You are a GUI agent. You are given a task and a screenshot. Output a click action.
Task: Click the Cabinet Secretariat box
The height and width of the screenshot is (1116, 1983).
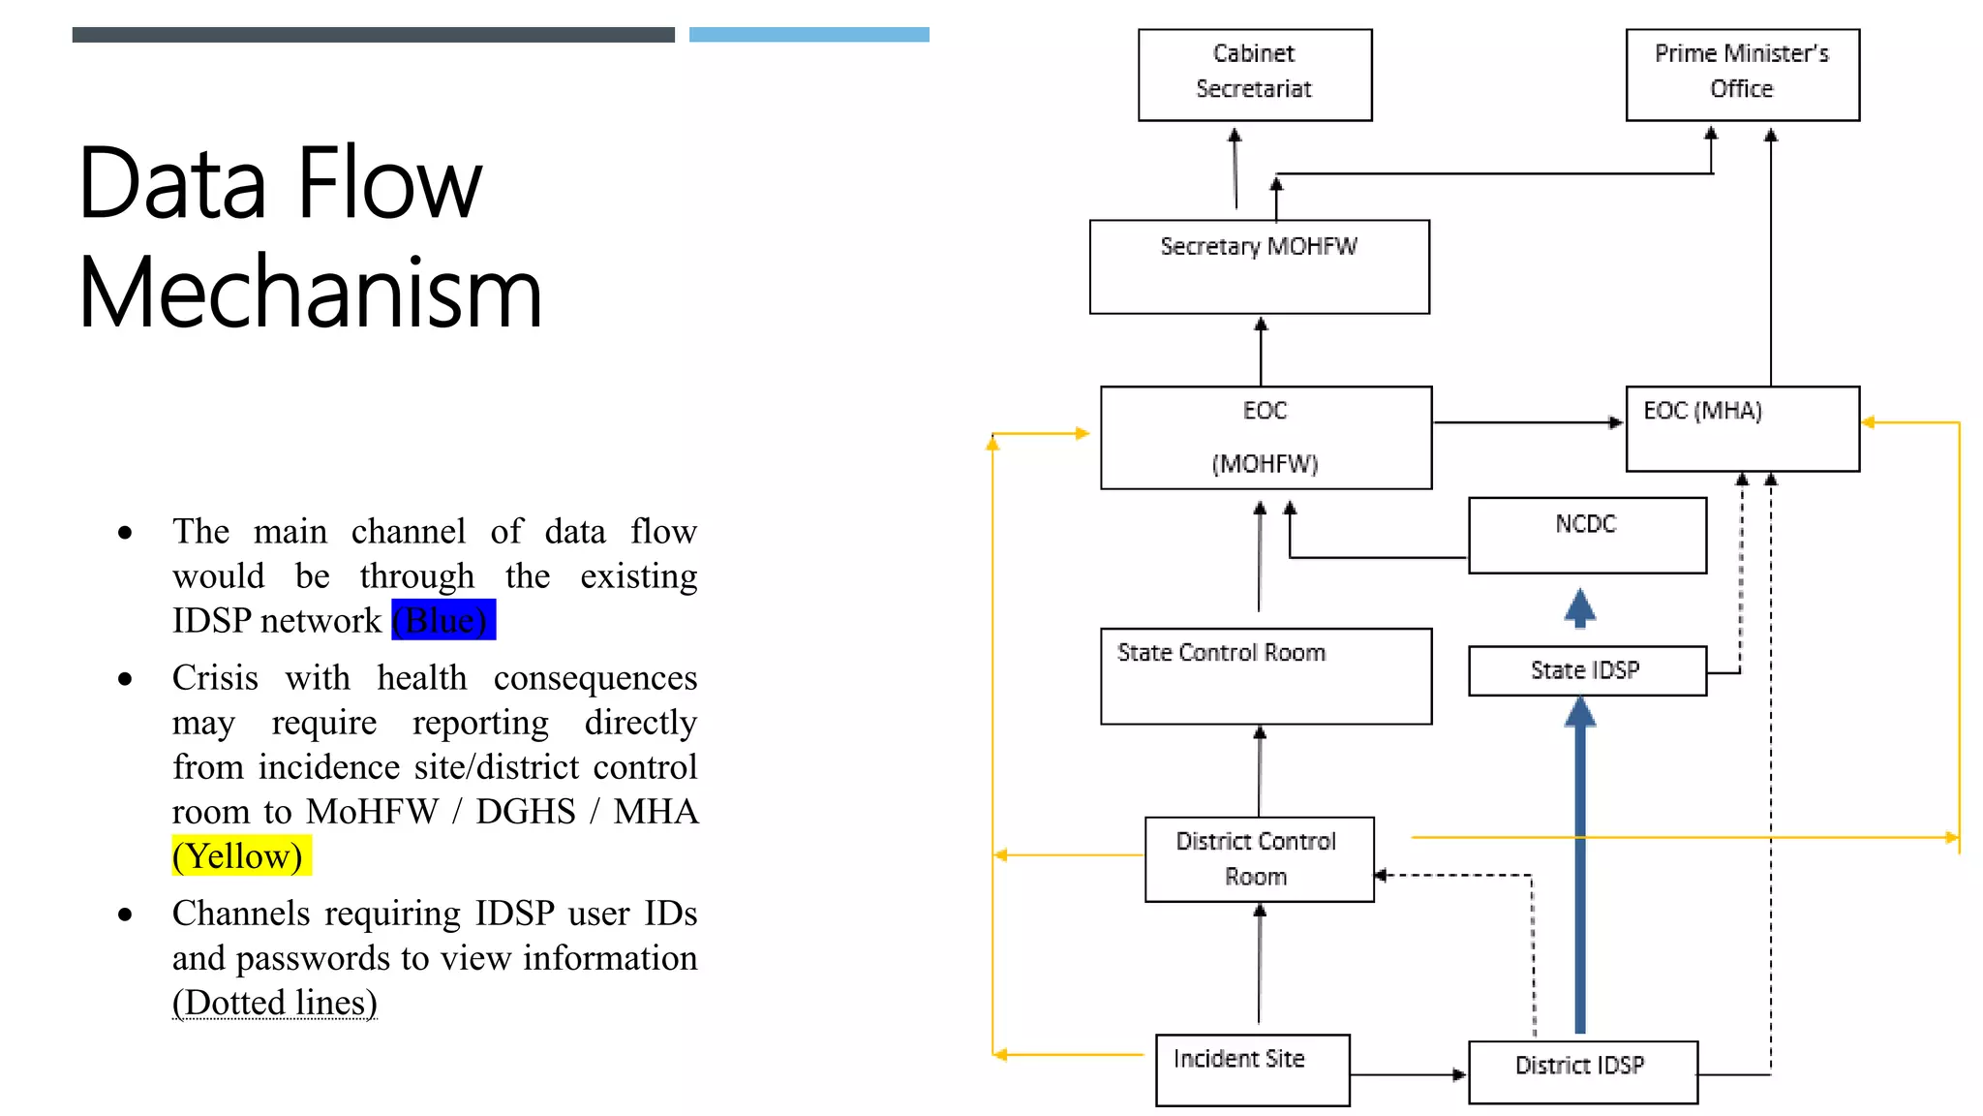click(1254, 75)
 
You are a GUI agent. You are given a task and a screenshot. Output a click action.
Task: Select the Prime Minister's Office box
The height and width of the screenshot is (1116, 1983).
click(1741, 75)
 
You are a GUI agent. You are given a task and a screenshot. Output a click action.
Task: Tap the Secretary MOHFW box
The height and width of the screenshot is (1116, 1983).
click(1259, 266)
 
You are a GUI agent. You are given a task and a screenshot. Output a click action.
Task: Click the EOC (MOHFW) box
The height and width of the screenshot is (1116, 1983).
click(1265, 437)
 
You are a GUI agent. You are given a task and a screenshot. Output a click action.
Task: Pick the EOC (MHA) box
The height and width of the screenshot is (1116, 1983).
click(1741, 429)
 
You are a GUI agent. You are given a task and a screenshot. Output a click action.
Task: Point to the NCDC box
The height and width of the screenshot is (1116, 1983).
click(1586, 535)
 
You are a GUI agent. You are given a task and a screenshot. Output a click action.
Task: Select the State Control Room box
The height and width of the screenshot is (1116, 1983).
click(1265, 675)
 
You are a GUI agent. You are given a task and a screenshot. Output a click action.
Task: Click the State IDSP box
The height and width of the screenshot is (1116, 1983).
click(1586, 670)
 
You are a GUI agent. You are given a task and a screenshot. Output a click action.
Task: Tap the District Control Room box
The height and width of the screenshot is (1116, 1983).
click(1258, 859)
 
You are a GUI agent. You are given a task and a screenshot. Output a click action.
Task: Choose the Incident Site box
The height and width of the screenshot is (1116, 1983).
click(1252, 1069)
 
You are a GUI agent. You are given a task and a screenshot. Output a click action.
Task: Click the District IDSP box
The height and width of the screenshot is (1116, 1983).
click(1581, 1071)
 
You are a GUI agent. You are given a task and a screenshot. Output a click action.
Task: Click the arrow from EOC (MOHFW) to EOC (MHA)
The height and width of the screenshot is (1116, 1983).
click(1528, 422)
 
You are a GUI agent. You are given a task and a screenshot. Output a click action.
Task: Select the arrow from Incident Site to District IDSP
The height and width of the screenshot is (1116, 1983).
click(1409, 1074)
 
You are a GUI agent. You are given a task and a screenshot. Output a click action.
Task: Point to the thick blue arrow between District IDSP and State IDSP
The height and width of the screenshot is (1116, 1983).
click(1580, 872)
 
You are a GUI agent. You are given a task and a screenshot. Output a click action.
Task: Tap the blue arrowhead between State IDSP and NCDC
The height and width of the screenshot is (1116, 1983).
click(1580, 608)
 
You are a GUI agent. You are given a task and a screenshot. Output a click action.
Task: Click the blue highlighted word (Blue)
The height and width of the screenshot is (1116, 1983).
click(442, 620)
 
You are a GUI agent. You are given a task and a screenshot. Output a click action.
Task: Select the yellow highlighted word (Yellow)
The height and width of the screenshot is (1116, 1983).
click(240, 856)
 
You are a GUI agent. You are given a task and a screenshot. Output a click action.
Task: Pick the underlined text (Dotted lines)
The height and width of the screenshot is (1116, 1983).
click(274, 1003)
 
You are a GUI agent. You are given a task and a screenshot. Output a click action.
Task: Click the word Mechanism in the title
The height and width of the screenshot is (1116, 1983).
click(310, 293)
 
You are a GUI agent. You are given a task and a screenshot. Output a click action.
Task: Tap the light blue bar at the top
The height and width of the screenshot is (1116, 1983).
click(808, 35)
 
